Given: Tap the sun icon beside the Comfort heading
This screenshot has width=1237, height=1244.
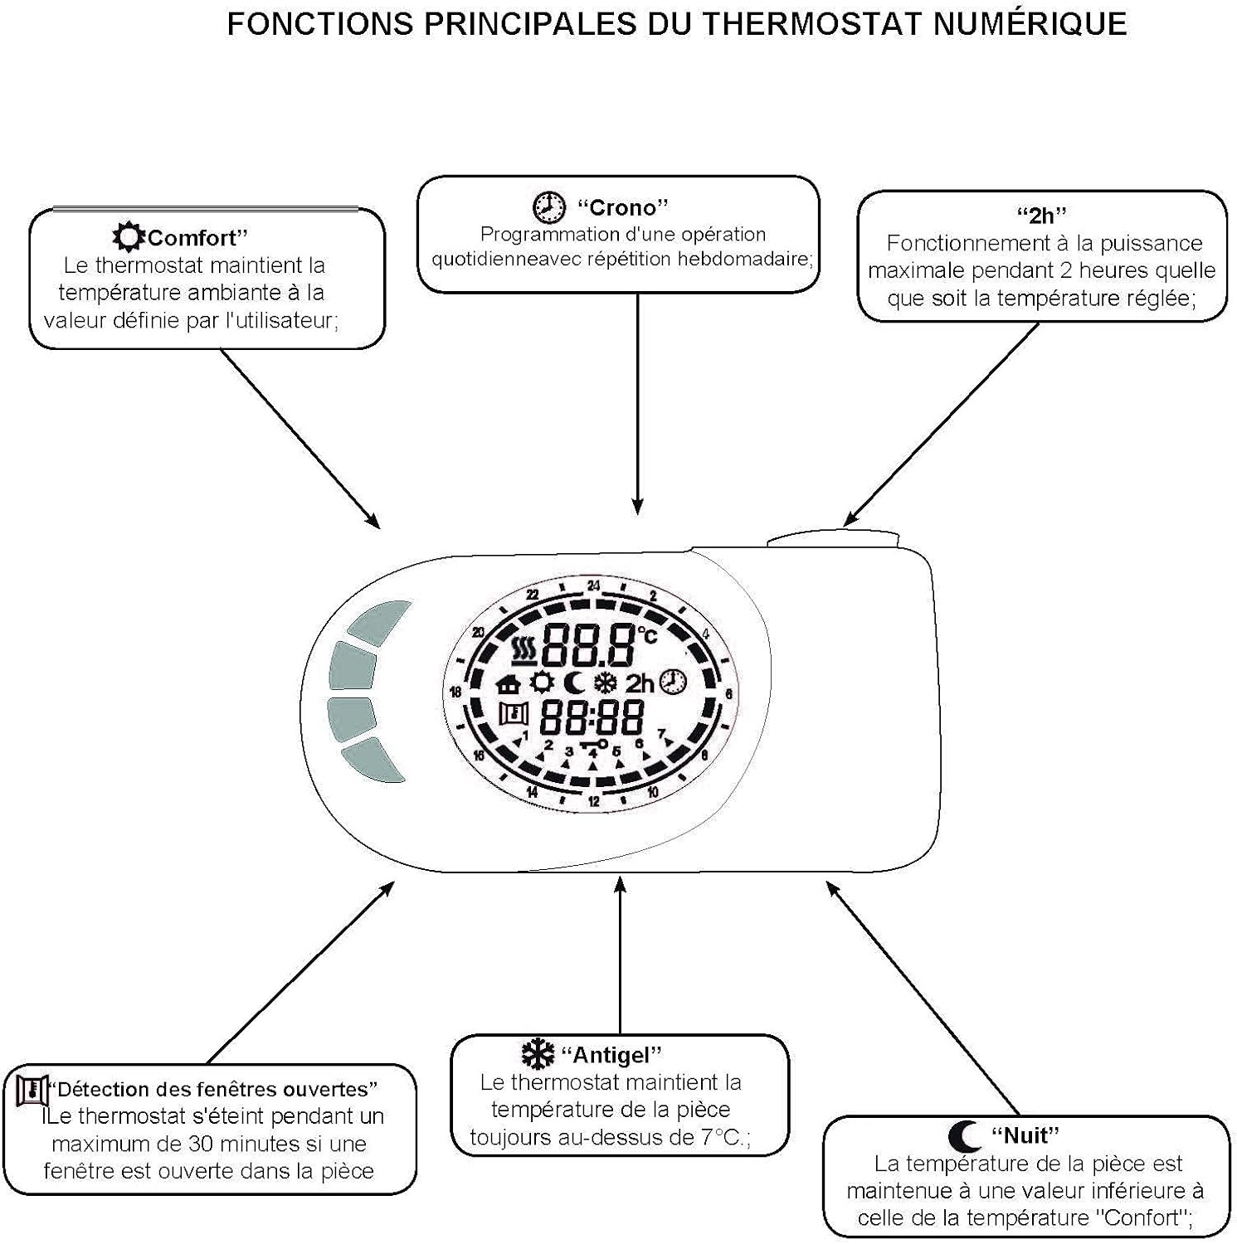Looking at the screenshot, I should click(x=129, y=237).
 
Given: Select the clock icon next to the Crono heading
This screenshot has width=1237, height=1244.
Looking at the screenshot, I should click(x=548, y=207).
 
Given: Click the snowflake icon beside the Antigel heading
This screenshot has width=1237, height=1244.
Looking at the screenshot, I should click(x=538, y=1054).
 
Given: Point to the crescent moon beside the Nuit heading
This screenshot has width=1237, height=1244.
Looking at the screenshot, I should click(x=964, y=1135).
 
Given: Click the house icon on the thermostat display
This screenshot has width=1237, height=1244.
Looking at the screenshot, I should click(x=508, y=684).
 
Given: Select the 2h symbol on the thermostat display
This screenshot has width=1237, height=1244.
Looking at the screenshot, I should click(x=640, y=684).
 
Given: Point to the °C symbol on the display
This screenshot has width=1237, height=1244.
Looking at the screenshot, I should click(x=647, y=635).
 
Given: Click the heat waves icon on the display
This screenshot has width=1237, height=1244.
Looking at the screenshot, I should click(x=524, y=651).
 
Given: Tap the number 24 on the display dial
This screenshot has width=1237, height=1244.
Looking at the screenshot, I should click(x=594, y=586).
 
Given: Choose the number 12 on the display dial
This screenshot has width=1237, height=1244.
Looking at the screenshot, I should click(x=594, y=801).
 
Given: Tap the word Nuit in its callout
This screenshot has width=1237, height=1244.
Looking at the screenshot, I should click(x=1025, y=1135).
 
